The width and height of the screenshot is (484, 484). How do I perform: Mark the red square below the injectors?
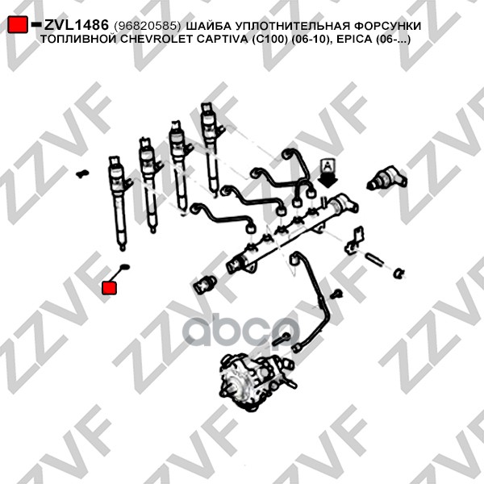[x=109, y=288]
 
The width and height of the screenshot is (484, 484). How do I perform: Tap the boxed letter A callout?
[x=328, y=168]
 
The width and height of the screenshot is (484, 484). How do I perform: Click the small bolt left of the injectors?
[x=81, y=172]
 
